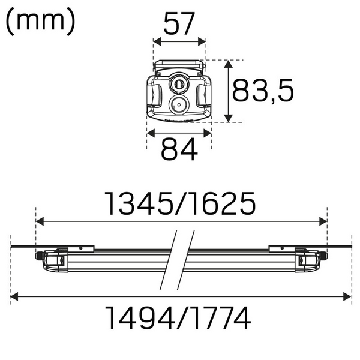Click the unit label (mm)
(41, 22)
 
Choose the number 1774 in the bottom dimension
(221, 319)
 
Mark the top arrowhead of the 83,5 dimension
(229, 63)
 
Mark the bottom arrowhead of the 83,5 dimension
(229, 119)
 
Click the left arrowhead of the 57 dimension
(157, 42)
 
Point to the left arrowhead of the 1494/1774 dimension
(14, 296)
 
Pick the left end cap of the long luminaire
(48, 259)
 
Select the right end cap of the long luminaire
(312, 259)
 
